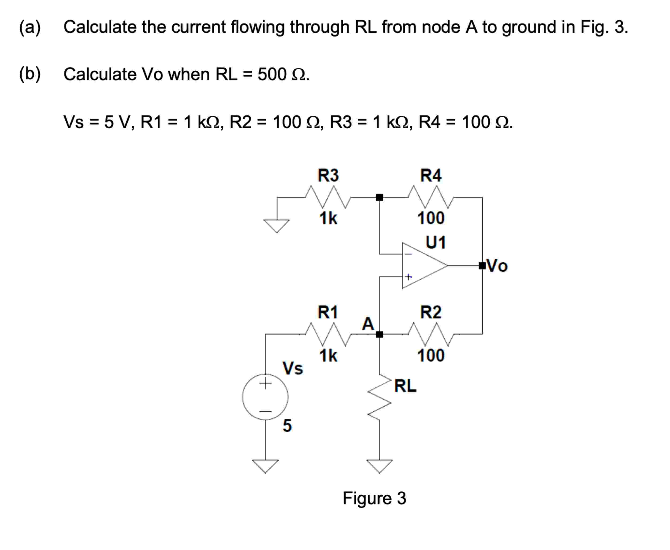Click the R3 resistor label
(x=328, y=175)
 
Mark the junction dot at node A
(x=379, y=334)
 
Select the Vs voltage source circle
(x=265, y=397)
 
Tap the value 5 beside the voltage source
(x=287, y=425)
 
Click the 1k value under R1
(x=328, y=356)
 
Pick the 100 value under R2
(x=431, y=356)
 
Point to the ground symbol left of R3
(x=276, y=226)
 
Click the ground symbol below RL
(x=379, y=466)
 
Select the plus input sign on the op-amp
(x=408, y=277)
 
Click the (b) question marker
(x=30, y=74)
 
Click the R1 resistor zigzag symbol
(x=328, y=334)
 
